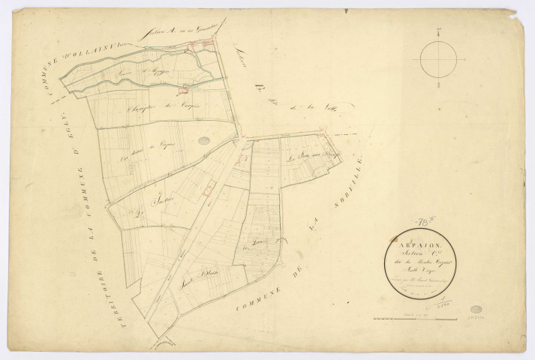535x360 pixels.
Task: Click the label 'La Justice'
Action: click(x=158, y=202)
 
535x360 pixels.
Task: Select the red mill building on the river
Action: click(x=182, y=92)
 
